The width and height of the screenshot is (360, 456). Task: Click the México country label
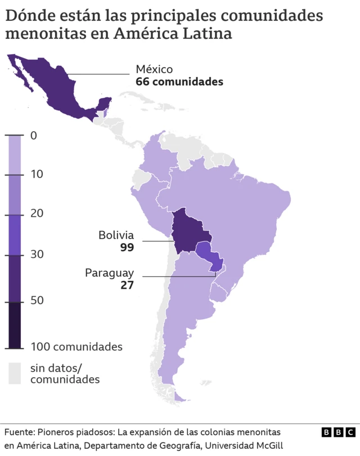[154, 69]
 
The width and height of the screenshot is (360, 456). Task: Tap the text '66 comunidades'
[179, 82]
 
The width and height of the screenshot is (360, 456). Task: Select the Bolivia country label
[116, 235]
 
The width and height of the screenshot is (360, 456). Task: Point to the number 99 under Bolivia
[127, 247]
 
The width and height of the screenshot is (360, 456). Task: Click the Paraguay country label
[110, 272]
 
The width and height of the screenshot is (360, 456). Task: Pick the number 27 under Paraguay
[127, 285]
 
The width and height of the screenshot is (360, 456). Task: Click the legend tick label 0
[34, 136]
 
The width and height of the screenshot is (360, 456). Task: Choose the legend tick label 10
[37, 175]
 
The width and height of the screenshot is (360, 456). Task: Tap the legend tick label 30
[37, 254]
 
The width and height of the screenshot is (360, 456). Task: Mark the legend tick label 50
[37, 301]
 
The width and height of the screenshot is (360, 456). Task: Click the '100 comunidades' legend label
[76, 347]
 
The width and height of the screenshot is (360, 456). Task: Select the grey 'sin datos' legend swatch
[15, 373]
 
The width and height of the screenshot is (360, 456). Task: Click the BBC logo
[339, 432]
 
